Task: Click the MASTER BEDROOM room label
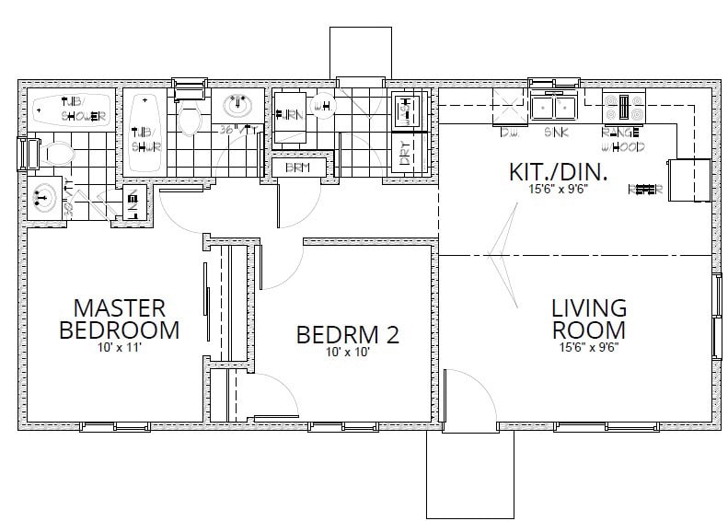[119, 318]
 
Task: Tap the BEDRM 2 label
[348, 335]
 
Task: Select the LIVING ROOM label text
[589, 318]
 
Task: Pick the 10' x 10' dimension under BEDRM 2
[348, 352]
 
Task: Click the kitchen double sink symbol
[554, 108]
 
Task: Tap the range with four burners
[623, 107]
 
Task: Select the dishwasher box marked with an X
[508, 107]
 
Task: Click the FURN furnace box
[290, 117]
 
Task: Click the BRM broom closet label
[298, 168]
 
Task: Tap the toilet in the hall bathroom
[190, 118]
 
